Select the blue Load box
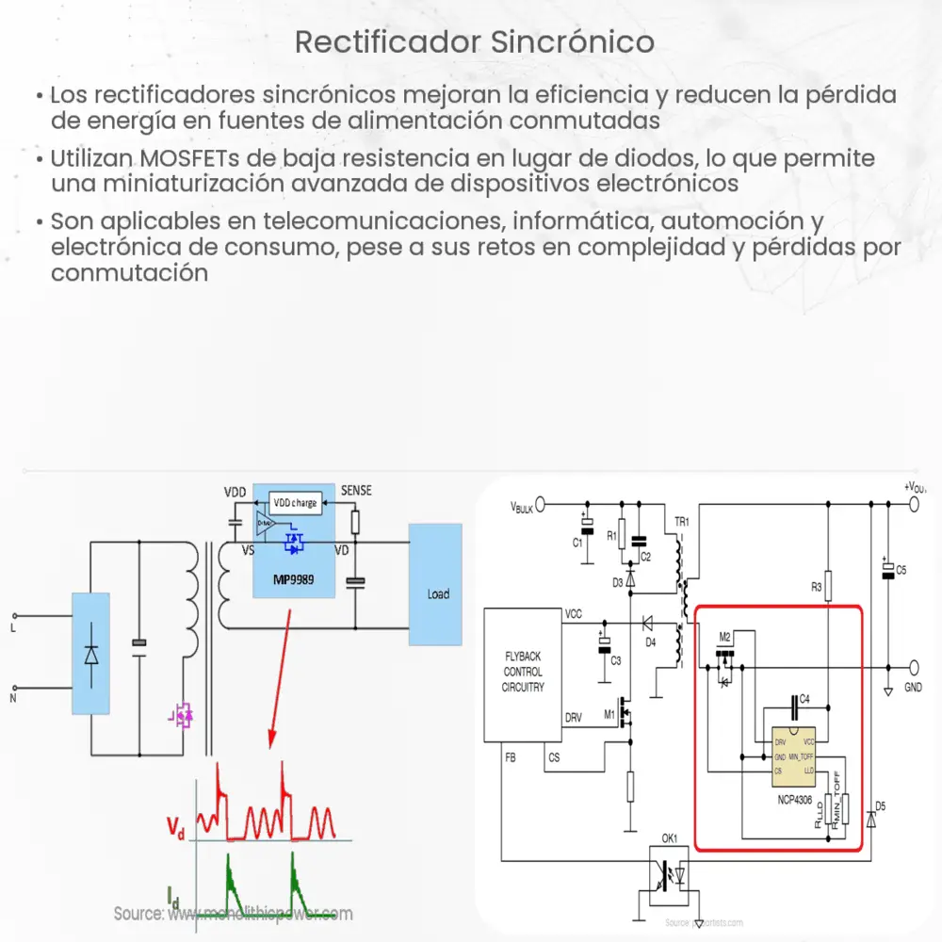click(435, 585)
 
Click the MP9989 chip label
click(294, 580)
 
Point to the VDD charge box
click(295, 502)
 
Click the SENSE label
click(355, 491)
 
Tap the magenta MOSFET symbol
click(181, 716)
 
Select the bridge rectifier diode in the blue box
click(90, 654)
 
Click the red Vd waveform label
click(176, 828)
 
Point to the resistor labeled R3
click(827, 583)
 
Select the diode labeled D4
click(648, 624)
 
